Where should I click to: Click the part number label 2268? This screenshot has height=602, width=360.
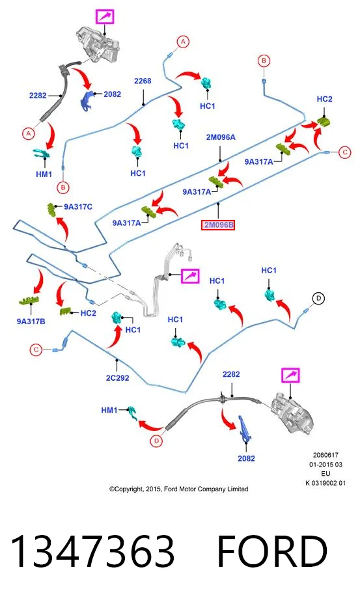coord(143,81)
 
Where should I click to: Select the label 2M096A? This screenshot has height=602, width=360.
coord(221,137)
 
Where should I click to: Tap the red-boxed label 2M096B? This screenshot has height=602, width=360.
coord(218,225)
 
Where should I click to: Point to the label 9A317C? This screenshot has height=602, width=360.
coord(78,206)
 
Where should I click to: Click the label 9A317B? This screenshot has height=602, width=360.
coord(31,322)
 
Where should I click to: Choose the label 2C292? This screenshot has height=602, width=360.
coord(118,377)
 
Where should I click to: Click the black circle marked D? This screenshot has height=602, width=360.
coord(318,298)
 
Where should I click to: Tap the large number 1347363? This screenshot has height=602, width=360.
coord(92,551)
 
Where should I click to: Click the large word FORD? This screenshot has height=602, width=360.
coord(272,551)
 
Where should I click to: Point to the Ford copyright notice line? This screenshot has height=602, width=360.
coord(178,489)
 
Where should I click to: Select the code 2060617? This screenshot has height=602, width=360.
coord(325,455)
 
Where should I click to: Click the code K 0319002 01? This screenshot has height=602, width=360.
coord(325,483)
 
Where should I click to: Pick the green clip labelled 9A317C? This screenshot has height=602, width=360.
coord(51,210)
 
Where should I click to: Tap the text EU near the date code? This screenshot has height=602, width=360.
coord(325,474)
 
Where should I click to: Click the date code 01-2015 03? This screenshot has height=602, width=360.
coord(325,465)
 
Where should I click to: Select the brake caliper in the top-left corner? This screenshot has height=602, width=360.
coord(97,44)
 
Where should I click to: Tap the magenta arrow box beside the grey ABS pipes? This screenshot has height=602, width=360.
coord(190,276)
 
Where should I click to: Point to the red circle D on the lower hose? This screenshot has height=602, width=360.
coord(156,441)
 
